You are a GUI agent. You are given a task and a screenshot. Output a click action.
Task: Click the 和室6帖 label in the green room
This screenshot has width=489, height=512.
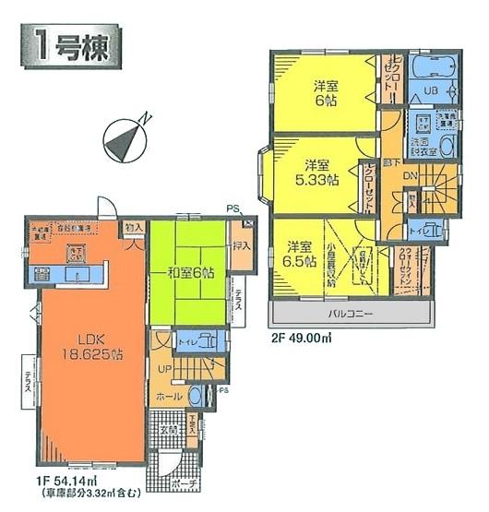tap(193, 273)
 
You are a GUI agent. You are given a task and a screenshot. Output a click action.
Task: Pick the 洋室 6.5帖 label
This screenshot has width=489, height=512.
tap(296, 253)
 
